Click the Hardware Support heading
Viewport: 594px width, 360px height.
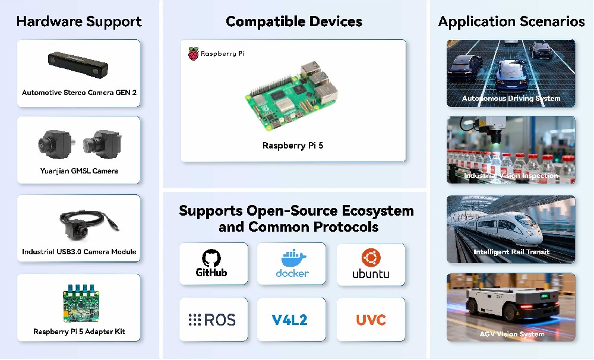(x=79, y=21)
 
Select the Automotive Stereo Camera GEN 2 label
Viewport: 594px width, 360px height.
(x=79, y=93)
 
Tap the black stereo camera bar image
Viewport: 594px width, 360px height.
(x=78, y=65)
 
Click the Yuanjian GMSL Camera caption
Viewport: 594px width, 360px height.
(x=79, y=171)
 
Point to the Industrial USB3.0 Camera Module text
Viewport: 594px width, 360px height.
(x=79, y=252)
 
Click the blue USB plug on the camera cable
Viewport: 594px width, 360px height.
(x=115, y=226)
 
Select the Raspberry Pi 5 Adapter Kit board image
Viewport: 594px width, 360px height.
(x=81, y=303)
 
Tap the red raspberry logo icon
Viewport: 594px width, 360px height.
(x=193, y=54)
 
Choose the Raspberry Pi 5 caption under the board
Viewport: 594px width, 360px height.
(x=293, y=146)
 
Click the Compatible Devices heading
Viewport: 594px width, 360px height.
(x=294, y=21)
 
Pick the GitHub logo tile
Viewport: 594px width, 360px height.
(x=213, y=264)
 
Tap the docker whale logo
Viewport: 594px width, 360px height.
(x=293, y=258)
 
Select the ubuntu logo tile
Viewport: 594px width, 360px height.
(x=371, y=264)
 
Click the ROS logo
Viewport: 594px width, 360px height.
(x=212, y=320)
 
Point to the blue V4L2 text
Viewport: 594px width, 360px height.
(x=290, y=320)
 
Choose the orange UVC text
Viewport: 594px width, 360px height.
(x=371, y=320)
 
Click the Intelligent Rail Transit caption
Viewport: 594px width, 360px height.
(x=511, y=252)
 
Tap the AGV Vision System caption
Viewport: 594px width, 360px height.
(x=512, y=334)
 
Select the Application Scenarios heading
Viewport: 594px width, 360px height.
(x=511, y=21)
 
